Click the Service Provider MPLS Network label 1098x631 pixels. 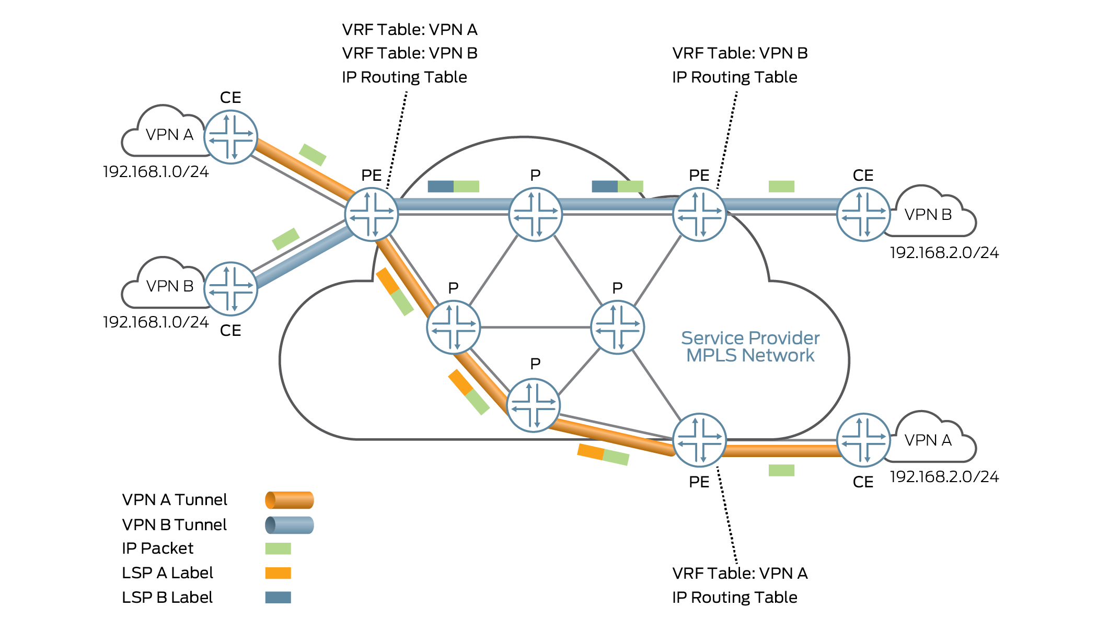(750, 346)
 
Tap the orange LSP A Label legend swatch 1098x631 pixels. (278, 573)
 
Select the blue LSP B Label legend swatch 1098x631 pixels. (278, 597)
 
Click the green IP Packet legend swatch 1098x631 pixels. (278, 548)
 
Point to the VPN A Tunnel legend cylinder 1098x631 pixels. (289, 500)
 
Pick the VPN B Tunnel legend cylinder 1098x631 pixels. (289, 525)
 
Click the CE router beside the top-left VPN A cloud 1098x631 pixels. (230, 137)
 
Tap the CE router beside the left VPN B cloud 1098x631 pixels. (230, 288)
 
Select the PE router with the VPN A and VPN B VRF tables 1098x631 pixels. (372, 214)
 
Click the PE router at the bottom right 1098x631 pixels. (699, 440)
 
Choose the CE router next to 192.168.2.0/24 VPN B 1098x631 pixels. (863, 214)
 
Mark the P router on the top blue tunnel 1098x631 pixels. (535, 214)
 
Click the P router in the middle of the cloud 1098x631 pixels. (617, 328)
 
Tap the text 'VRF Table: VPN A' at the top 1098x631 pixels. (410, 30)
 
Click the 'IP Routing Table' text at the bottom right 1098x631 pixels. (734, 597)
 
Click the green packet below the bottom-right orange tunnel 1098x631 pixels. (781, 470)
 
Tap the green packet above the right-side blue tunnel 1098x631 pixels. (781, 186)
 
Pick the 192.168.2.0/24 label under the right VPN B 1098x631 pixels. (944, 253)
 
